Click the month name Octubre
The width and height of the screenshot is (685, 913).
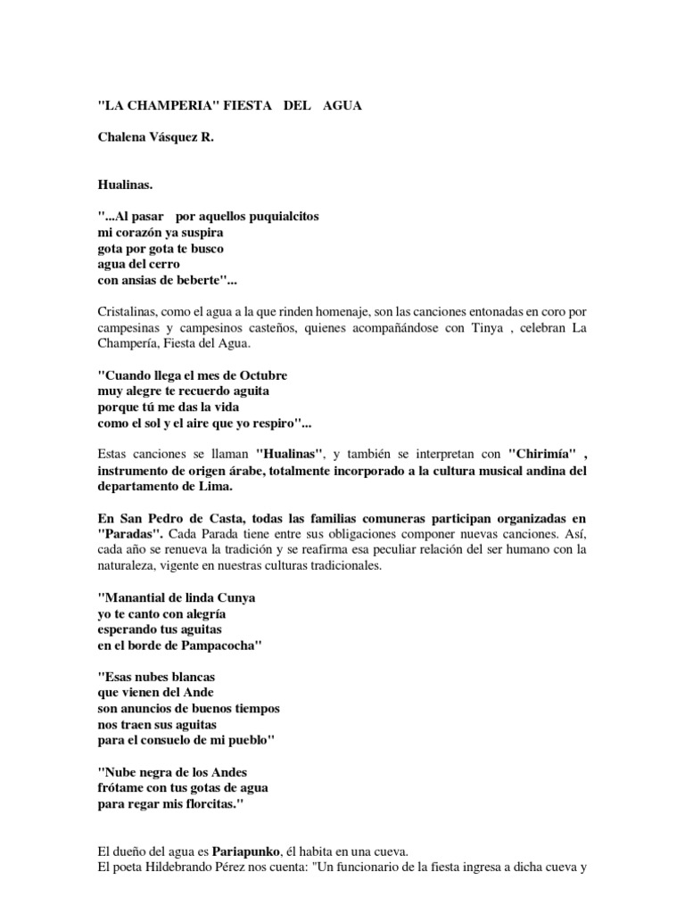[x=261, y=374]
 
